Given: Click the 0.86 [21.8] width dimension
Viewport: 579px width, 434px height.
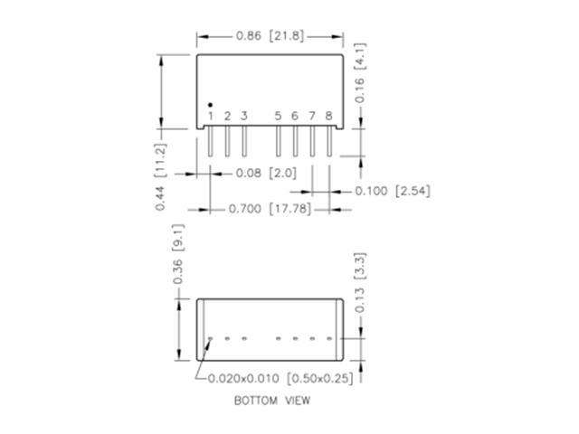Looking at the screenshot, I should [x=270, y=37].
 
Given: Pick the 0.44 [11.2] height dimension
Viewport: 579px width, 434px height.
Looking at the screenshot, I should [x=160, y=177].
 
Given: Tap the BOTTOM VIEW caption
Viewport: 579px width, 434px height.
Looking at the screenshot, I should [x=272, y=399].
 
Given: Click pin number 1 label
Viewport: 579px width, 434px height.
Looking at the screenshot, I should [x=211, y=117].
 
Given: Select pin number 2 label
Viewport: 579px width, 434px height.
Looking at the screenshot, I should [x=227, y=117].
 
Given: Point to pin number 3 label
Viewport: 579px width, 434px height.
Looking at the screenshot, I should [x=243, y=117].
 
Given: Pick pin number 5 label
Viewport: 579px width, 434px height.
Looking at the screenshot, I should [x=278, y=117].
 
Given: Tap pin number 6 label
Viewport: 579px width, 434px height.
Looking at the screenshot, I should [x=295, y=117].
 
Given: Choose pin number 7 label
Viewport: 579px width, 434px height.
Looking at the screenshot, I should [x=311, y=117].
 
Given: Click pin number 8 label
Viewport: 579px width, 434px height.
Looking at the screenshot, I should [x=328, y=117].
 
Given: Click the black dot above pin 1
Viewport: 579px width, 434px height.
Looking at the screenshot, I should [x=211, y=105].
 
